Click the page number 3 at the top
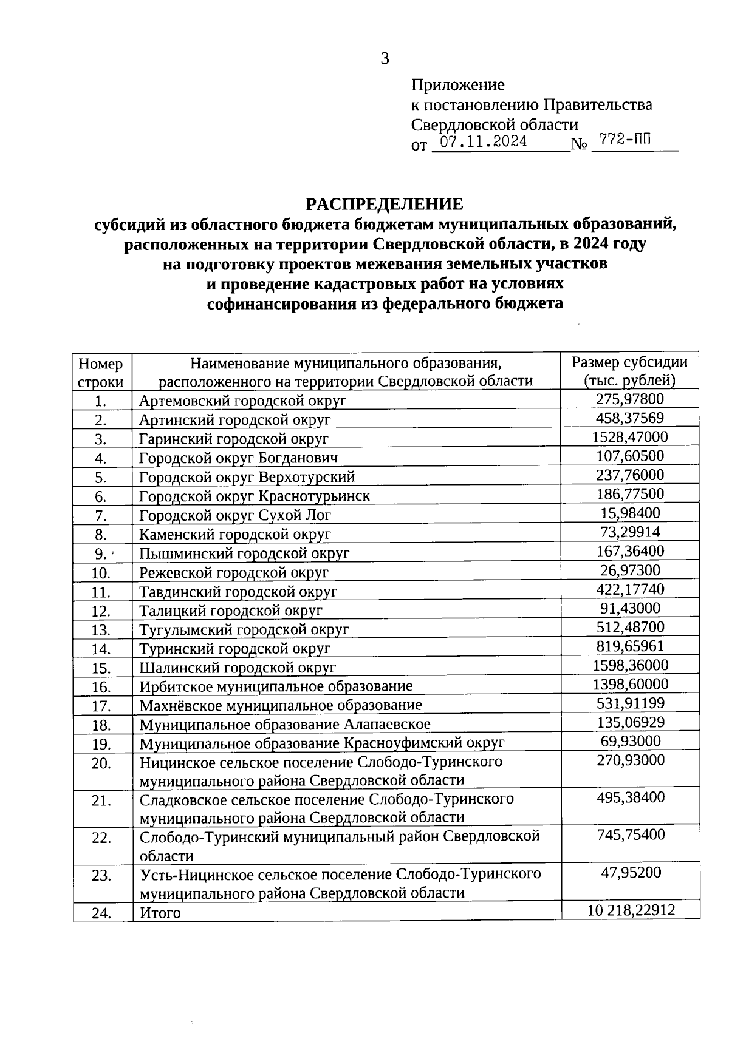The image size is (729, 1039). point(385,59)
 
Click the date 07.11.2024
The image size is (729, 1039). point(484,143)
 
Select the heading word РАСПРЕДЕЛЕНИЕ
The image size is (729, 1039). point(384,203)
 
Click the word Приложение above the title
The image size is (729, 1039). point(457,85)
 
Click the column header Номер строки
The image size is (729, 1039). point(101,372)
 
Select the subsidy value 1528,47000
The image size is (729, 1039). point(629,437)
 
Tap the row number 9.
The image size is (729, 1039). point(100,553)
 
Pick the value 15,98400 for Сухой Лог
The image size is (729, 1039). point(629,513)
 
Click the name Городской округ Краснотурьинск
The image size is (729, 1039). point(254,496)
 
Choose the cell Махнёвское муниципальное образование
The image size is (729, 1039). point(280,705)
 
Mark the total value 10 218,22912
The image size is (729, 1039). point(631,910)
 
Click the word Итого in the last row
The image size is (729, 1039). point(160,913)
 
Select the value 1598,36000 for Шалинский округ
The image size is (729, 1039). point(630,665)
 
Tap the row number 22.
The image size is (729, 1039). point(101,838)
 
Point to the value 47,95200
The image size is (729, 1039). point(630,873)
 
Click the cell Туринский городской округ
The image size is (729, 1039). point(234,649)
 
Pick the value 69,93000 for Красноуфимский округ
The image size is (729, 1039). point(630,741)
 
